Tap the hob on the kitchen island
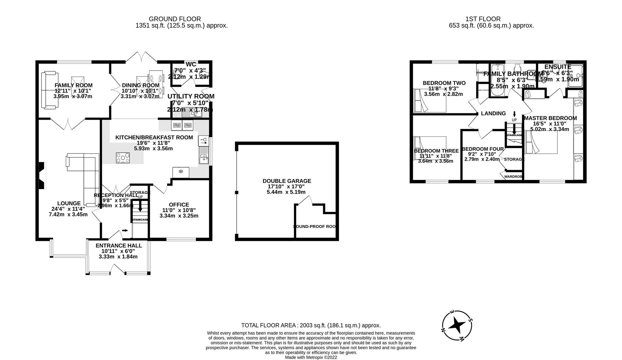point(123,158)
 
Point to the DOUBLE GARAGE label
point(287,181)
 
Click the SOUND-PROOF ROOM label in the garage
point(314,226)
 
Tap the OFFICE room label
point(179,205)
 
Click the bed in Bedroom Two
point(429,100)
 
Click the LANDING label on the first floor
point(493,113)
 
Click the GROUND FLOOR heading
point(175,19)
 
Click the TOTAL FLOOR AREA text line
point(311,325)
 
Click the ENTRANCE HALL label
point(119,246)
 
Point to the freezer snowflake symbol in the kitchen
point(181,172)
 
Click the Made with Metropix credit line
point(311,357)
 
